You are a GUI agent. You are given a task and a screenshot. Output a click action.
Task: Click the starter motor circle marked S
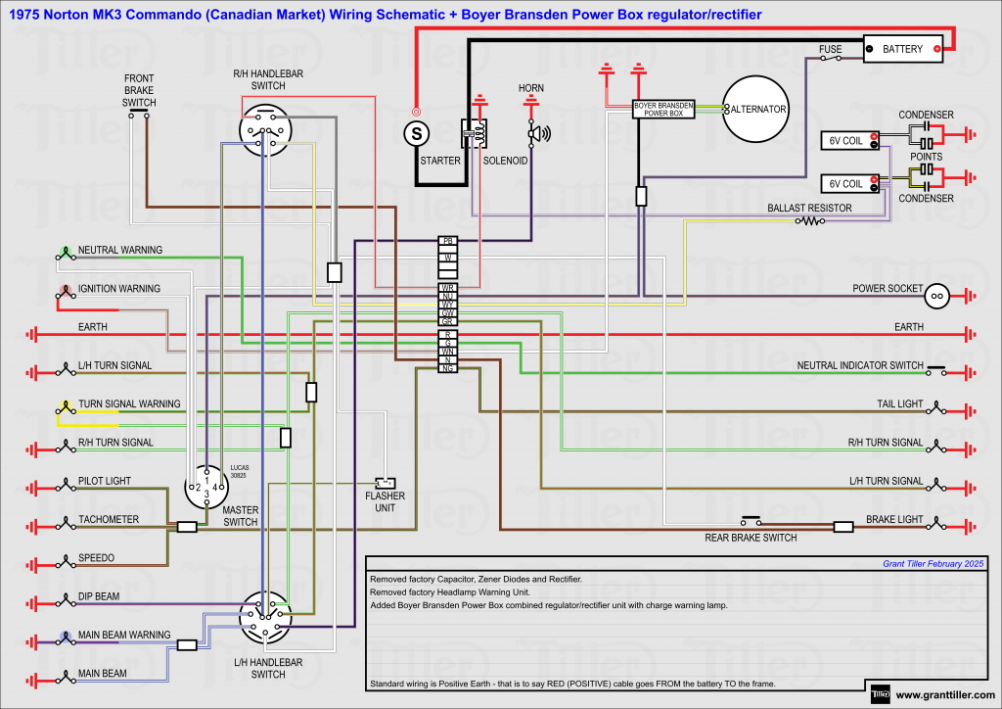coord(417,131)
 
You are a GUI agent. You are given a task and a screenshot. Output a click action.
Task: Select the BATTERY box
coord(902,49)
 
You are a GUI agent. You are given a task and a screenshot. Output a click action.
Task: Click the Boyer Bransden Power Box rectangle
coord(664,109)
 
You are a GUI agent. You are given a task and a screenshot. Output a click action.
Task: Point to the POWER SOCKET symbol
coord(936,295)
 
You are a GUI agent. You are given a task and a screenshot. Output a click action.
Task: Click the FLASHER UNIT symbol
coord(386,483)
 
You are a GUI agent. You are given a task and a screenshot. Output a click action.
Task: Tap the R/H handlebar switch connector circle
coord(265,131)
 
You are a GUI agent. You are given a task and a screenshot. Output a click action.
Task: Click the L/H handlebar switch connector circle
coord(267,617)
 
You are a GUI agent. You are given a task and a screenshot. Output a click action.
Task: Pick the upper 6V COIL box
coord(845,141)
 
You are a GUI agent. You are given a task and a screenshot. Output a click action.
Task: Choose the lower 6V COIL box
coord(845,183)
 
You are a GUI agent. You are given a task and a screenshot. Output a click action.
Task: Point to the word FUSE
coord(831,48)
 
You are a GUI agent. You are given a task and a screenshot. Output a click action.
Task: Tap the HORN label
coord(531,89)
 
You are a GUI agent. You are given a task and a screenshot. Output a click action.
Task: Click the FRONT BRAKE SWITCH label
coord(139,90)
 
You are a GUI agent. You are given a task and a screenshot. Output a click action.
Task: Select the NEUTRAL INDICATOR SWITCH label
coord(860,365)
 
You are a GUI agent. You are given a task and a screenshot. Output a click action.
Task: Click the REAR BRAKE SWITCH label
coord(751,538)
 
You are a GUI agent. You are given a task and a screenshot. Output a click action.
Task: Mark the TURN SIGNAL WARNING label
coord(129,403)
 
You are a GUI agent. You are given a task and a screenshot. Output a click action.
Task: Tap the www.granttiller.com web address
coord(944,695)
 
